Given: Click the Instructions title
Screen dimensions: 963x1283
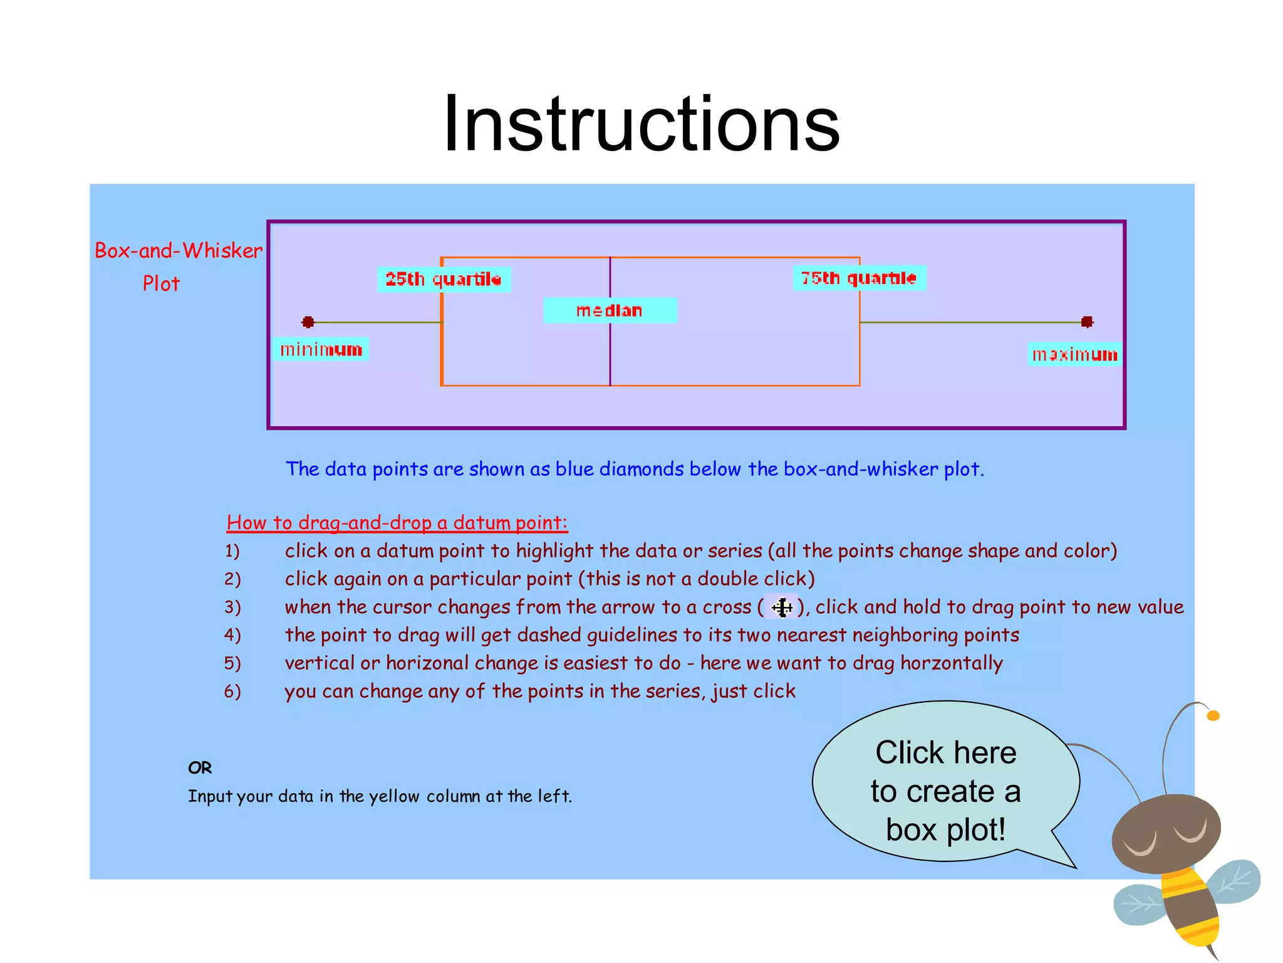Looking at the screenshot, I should pyautogui.click(x=641, y=124).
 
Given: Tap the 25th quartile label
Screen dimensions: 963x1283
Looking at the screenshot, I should pyautogui.click(x=444, y=279).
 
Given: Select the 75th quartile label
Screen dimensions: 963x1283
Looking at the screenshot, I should pyautogui.click(x=859, y=278).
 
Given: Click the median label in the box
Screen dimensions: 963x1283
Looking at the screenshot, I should pyautogui.click(x=610, y=310).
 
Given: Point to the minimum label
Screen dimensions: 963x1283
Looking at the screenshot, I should pyautogui.click(x=321, y=349).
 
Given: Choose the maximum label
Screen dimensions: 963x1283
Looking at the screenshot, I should pyautogui.click(x=1074, y=355).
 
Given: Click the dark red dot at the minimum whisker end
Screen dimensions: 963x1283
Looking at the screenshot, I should pyautogui.click(x=308, y=322).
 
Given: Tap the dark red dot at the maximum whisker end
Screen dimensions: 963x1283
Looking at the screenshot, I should pyautogui.click(x=1087, y=322).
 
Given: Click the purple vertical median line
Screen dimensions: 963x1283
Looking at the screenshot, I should pyautogui.click(x=610, y=364).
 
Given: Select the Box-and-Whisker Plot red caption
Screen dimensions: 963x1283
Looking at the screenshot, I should pyautogui.click(x=178, y=266).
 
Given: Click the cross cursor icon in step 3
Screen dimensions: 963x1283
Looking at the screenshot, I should pyautogui.click(x=781, y=607).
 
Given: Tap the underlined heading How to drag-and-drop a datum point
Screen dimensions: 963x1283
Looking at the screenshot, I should pyautogui.click(x=397, y=522).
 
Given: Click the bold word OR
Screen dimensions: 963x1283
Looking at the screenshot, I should pyautogui.click(x=200, y=767).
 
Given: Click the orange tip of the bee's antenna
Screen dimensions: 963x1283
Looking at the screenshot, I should pyautogui.click(x=1213, y=715).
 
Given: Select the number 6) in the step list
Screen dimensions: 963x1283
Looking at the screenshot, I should pyautogui.click(x=232, y=691).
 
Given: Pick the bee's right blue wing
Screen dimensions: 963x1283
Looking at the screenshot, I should pyautogui.click(x=1233, y=881).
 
